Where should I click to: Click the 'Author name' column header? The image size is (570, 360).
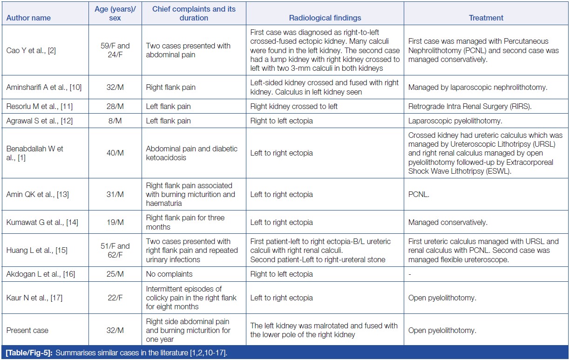coord(28,18)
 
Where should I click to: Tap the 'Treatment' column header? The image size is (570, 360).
coord(486,18)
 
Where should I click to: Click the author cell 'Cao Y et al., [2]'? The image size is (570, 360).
coord(31,50)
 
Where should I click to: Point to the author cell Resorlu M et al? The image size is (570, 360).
coord(36,106)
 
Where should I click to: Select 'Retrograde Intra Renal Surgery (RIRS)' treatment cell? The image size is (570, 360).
coord(470,106)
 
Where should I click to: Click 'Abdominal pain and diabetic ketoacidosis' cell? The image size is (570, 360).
coord(192,153)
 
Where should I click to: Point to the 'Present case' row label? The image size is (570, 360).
coord(27,331)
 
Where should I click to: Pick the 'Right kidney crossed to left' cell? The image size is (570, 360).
coord(294,106)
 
